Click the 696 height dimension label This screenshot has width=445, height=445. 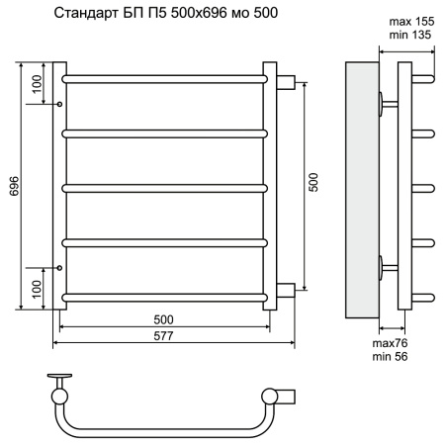[x=15, y=186]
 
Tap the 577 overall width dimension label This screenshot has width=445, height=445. [x=163, y=336]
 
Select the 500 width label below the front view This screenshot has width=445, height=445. [x=163, y=319]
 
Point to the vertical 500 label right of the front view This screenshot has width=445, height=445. [x=313, y=182]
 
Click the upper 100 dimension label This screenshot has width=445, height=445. [x=38, y=84]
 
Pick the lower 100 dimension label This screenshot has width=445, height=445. [x=38, y=289]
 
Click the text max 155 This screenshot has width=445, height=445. [x=411, y=22]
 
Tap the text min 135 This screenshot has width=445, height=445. [x=410, y=35]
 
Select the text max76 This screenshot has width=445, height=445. [x=390, y=343]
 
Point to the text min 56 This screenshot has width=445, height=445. [x=390, y=356]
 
